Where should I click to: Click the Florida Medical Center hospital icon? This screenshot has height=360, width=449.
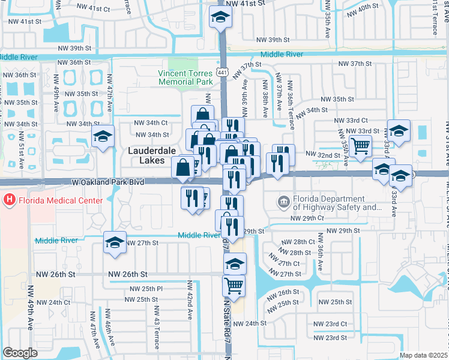[x=10, y=199]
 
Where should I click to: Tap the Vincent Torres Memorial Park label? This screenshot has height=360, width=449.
[x=185, y=77]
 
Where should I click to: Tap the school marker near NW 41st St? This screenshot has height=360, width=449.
[x=220, y=18]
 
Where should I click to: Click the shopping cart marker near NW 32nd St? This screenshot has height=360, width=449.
[x=360, y=146]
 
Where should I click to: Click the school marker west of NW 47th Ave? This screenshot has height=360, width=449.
[x=103, y=137]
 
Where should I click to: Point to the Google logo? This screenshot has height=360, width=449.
[x=20, y=352]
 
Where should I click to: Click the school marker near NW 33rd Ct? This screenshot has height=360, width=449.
[x=398, y=131]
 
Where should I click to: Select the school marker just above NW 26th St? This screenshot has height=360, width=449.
[x=235, y=264]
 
